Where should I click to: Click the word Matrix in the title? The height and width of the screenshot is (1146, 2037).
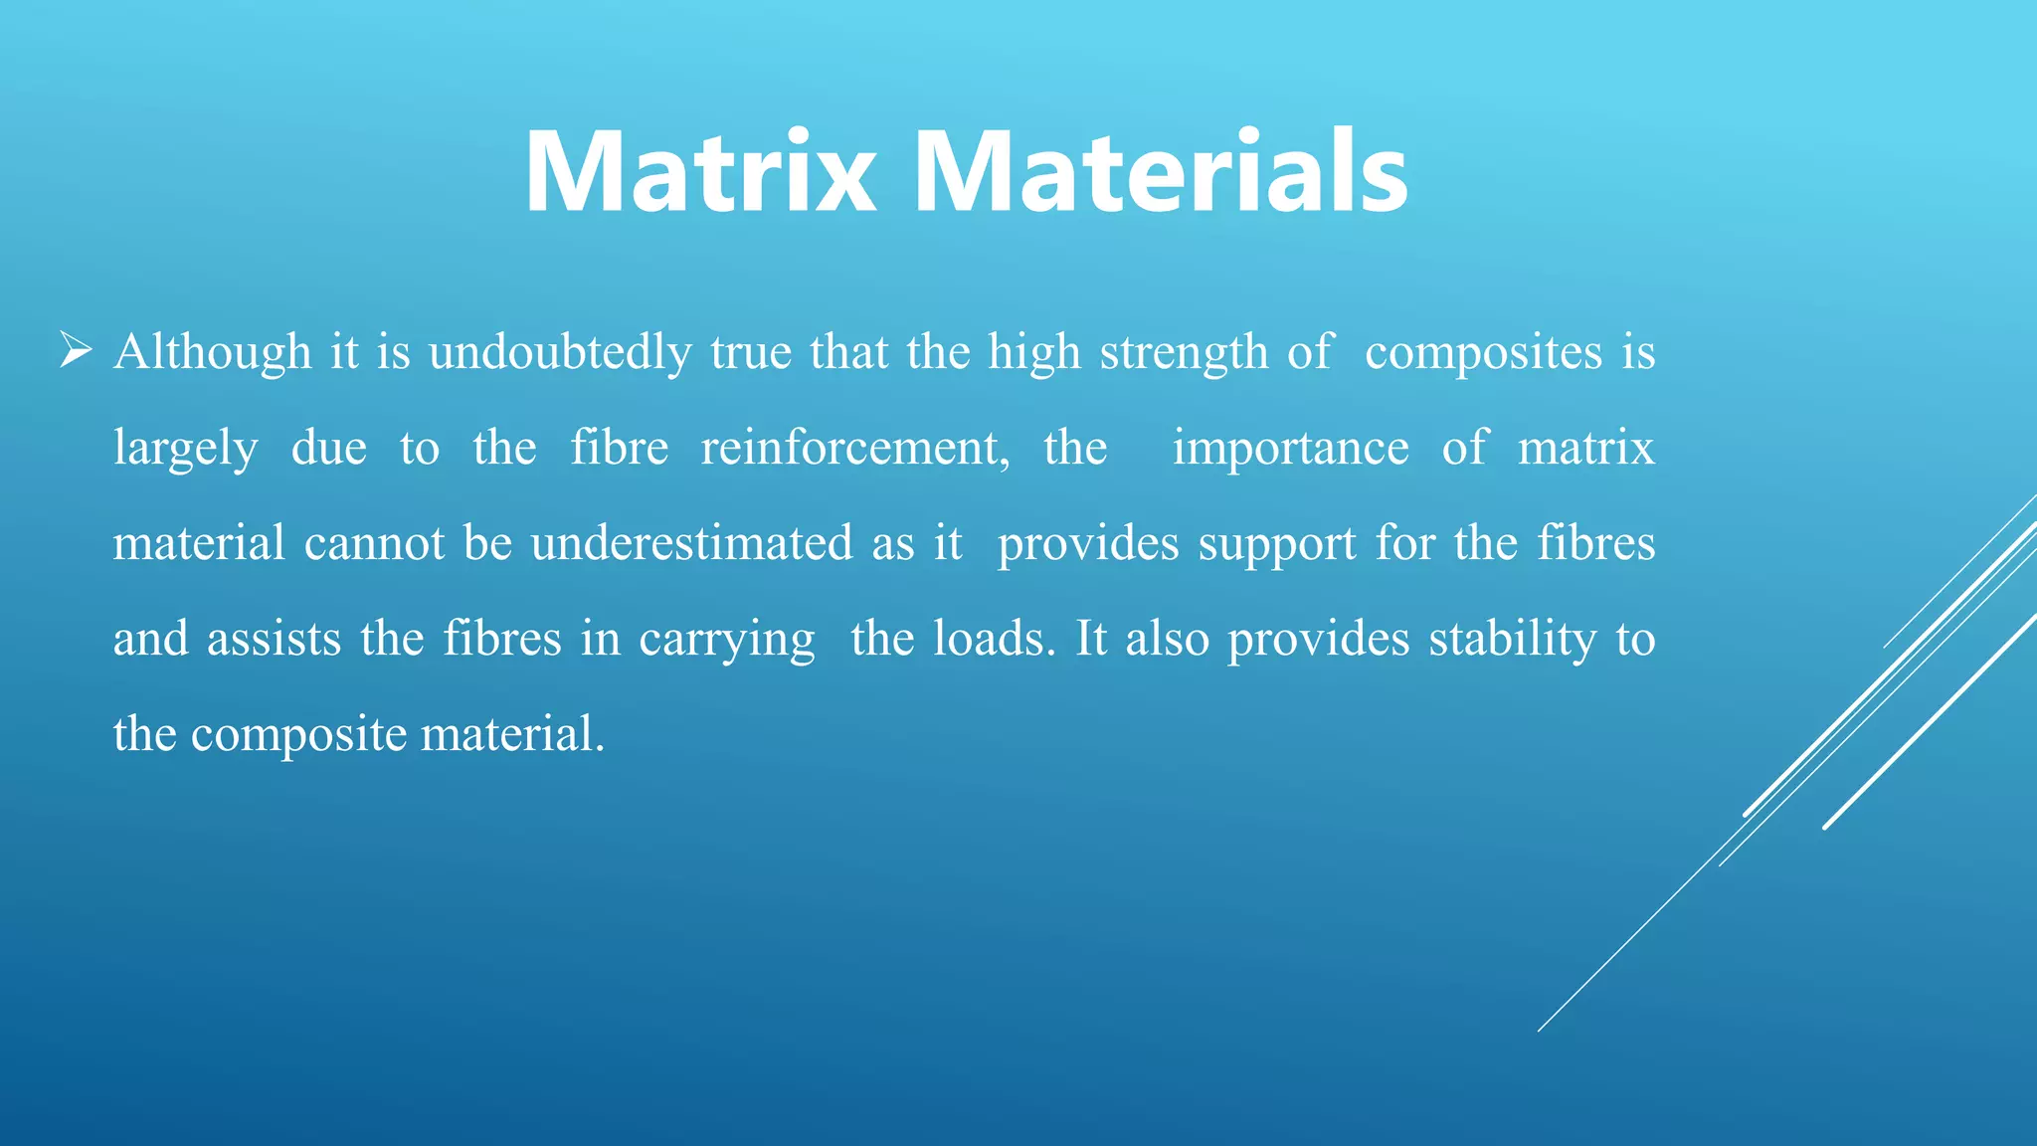point(700,173)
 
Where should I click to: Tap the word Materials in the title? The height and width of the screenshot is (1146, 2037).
point(1160,173)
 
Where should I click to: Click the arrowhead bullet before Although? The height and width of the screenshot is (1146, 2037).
point(75,350)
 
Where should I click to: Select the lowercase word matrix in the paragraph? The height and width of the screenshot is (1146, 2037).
point(1585,448)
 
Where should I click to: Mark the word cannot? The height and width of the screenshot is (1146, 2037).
point(374,543)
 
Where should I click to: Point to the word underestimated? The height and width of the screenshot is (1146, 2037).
point(691,543)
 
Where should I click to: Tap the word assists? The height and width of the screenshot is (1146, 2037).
point(274,639)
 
